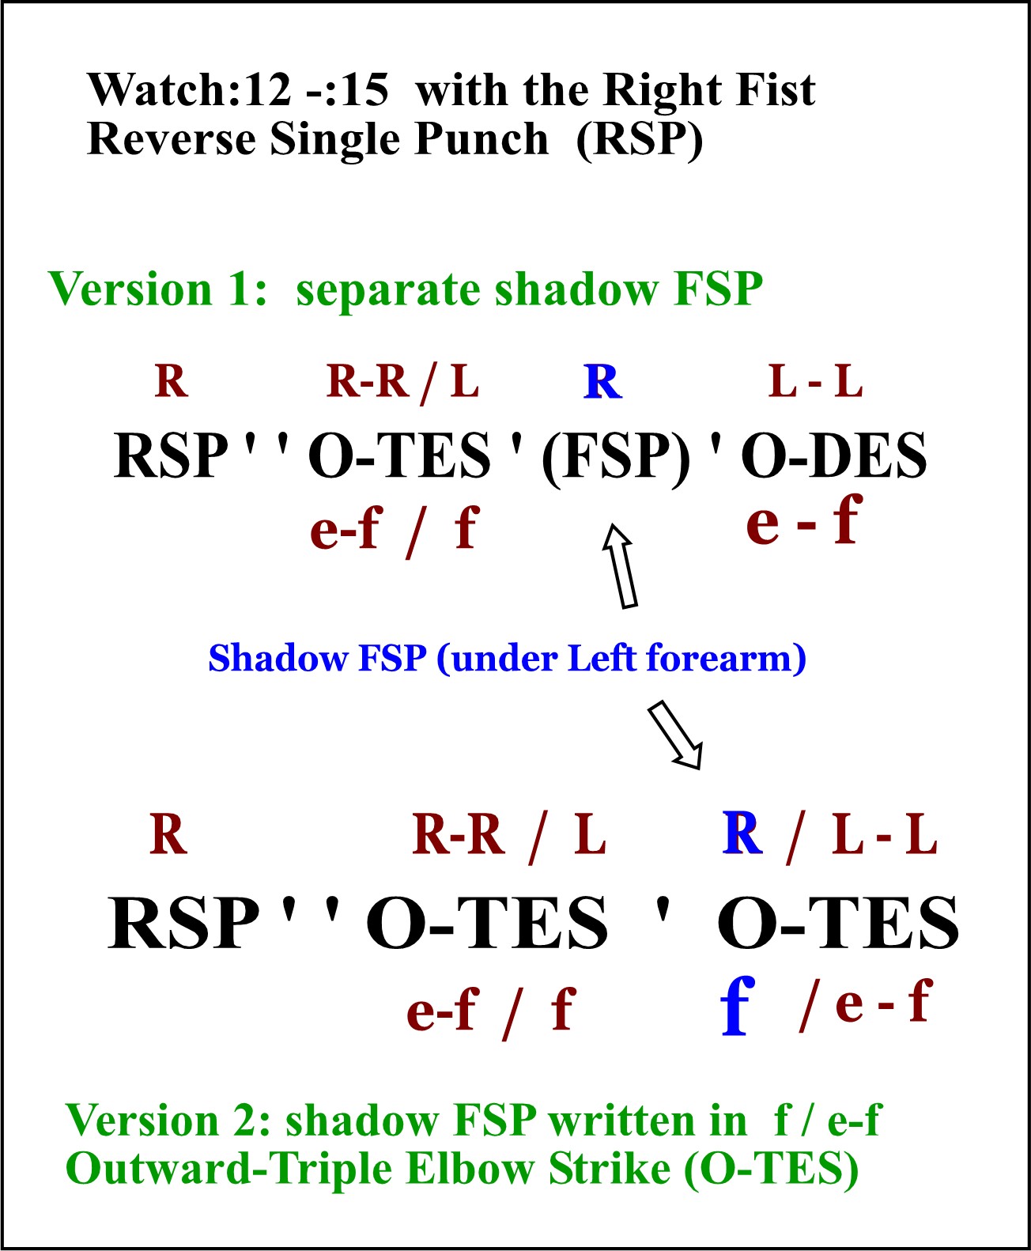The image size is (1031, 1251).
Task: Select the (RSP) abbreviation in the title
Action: click(x=639, y=140)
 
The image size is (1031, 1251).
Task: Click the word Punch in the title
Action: click(x=481, y=140)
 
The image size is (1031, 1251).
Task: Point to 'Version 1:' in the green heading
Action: click(x=157, y=289)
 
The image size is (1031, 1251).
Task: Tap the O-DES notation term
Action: click(x=833, y=455)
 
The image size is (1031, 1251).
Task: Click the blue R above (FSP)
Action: click(x=602, y=381)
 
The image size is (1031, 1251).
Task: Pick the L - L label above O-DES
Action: click(x=815, y=381)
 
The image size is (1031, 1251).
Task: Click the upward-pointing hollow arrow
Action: click(x=621, y=565)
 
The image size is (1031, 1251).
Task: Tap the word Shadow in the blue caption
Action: click(x=278, y=659)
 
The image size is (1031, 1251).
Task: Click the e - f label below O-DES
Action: click(x=805, y=520)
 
